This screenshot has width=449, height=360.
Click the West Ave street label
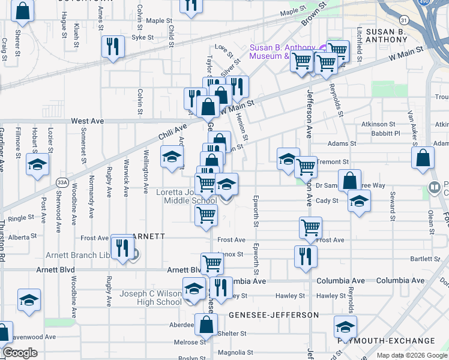pyautogui.click(x=87, y=121)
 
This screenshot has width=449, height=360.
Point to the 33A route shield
pyautogui.click(x=62, y=181)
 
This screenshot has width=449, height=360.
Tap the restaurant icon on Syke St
pyautogui.click(x=113, y=47)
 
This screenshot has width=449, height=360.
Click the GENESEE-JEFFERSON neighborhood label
pyautogui.click(x=273, y=314)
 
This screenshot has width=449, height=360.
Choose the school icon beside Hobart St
pyautogui.click(x=37, y=164)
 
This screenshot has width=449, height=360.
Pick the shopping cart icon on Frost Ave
pyautogui.click(x=310, y=227)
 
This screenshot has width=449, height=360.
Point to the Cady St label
pyautogui.click(x=327, y=201)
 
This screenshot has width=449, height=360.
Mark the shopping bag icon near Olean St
pyautogui.click(x=423, y=157)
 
